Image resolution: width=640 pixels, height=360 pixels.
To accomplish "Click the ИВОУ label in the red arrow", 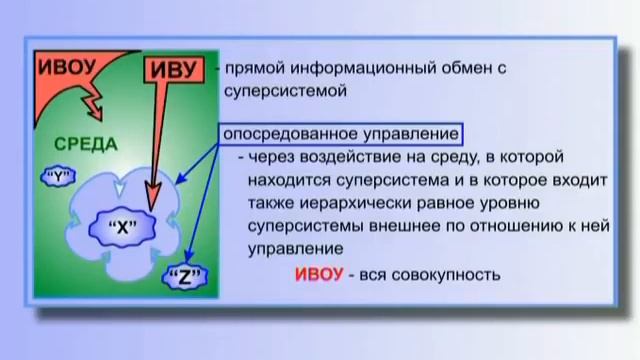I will click(x=68, y=66).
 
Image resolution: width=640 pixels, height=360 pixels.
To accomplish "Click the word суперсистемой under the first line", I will click(x=285, y=92).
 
